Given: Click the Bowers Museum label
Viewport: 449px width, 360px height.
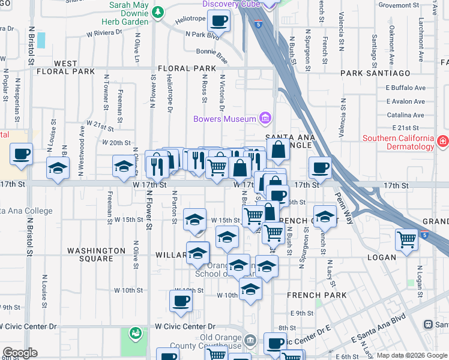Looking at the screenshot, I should click(224, 119).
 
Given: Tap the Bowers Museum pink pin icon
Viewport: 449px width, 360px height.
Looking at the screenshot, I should click(264, 118).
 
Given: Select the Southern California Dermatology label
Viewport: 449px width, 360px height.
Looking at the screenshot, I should click(398, 142).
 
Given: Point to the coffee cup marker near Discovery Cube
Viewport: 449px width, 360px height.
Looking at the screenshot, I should click(218, 22).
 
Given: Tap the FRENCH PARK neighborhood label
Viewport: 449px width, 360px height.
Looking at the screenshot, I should click(316, 295).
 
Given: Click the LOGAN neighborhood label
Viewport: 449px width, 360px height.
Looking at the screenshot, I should click(382, 257).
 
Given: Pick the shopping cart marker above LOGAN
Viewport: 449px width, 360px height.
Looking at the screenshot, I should click(407, 240).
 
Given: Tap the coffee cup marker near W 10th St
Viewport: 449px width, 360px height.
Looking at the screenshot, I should click(181, 301).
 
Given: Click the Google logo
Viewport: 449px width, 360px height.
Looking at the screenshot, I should click(20, 352).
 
